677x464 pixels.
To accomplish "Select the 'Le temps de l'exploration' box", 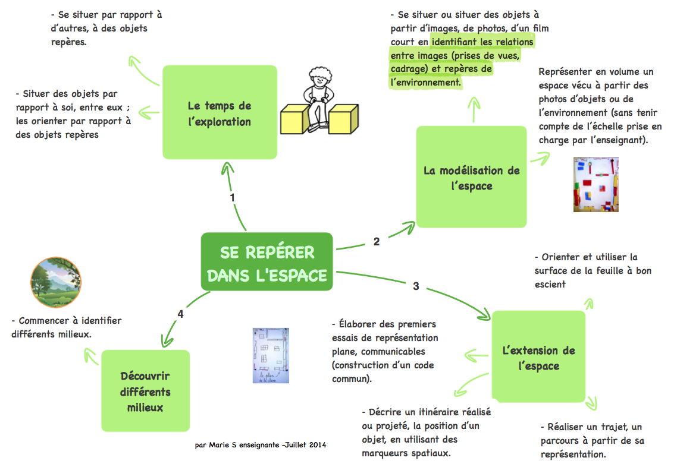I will [x=220, y=112].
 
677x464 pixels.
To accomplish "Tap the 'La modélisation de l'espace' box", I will [x=471, y=177].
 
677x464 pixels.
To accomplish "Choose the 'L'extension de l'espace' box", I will [x=538, y=356].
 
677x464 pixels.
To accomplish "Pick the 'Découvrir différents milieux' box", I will [x=145, y=391].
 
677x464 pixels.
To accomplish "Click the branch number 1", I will [x=232, y=197].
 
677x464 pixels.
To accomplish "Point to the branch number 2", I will [x=376, y=242].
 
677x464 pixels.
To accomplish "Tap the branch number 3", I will [x=416, y=286].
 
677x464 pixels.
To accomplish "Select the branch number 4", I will [x=180, y=314].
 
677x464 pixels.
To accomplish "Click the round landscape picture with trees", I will [x=55, y=282].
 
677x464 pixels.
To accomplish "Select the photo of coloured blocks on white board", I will [x=595, y=184].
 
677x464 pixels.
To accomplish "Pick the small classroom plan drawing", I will [x=271, y=355].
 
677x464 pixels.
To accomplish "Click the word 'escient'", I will [x=550, y=284].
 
